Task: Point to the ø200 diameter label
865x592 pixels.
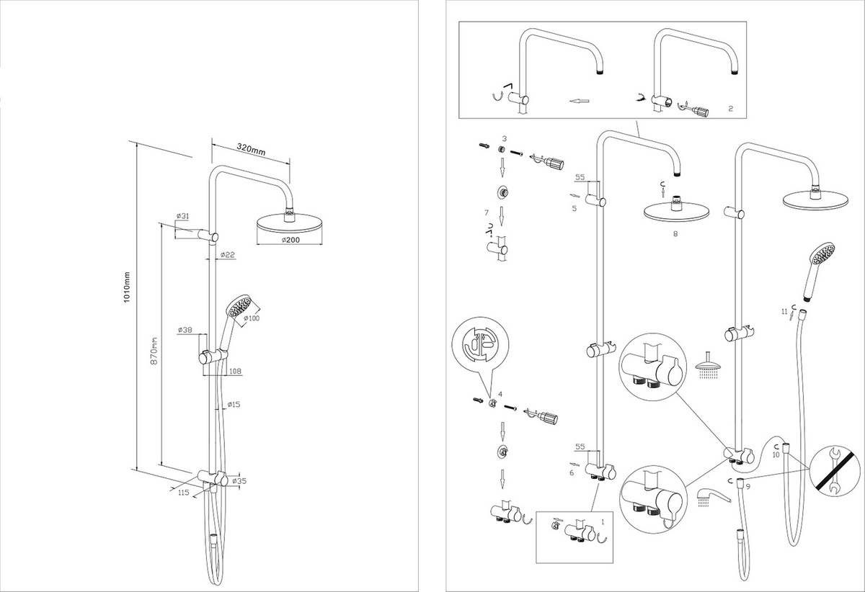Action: tap(290, 239)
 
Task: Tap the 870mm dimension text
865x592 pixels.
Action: tap(153, 349)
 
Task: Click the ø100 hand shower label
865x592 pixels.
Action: tap(252, 318)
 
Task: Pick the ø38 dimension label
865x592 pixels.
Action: tap(184, 331)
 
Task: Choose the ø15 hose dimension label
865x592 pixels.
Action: tap(232, 405)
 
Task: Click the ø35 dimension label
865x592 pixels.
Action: tap(240, 480)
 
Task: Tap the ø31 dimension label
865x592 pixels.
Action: tap(182, 216)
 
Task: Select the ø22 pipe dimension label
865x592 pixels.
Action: tap(229, 254)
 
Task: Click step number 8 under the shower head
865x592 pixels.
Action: tap(675, 233)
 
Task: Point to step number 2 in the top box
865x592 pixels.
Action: tap(730, 109)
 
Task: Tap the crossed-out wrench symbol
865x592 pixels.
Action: tap(836, 471)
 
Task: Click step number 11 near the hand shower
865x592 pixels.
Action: tap(784, 311)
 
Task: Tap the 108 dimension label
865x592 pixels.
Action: tap(234, 372)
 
